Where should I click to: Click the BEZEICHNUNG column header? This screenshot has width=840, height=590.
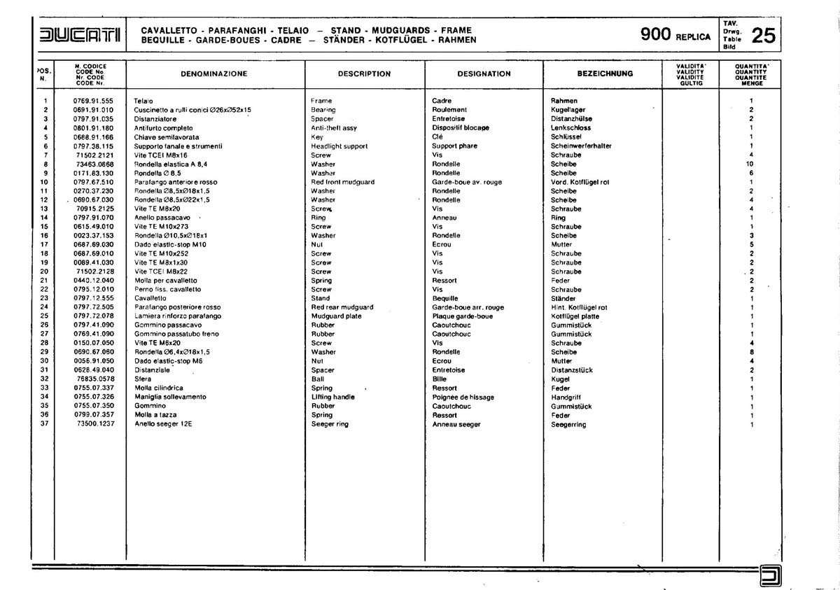[605, 73]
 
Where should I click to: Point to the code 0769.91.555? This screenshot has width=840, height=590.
[93, 101]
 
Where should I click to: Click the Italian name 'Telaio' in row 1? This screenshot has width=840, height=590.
[143, 101]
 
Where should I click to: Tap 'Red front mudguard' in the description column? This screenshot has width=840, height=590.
[342, 182]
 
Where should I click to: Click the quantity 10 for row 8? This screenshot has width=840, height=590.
[750, 164]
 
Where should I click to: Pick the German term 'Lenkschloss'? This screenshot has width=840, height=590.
[570, 128]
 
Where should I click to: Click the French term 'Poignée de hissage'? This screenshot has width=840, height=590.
[463, 397]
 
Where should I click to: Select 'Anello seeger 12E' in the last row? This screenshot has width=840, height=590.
[162, 424]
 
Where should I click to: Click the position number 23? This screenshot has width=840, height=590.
[44, 298]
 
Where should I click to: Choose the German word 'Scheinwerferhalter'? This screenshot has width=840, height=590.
[581, 146]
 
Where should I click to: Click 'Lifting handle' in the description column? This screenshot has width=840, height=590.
[333, 397]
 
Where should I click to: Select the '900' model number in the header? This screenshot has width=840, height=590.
[656, 35]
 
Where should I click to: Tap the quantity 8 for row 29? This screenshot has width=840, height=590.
[751, 352]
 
